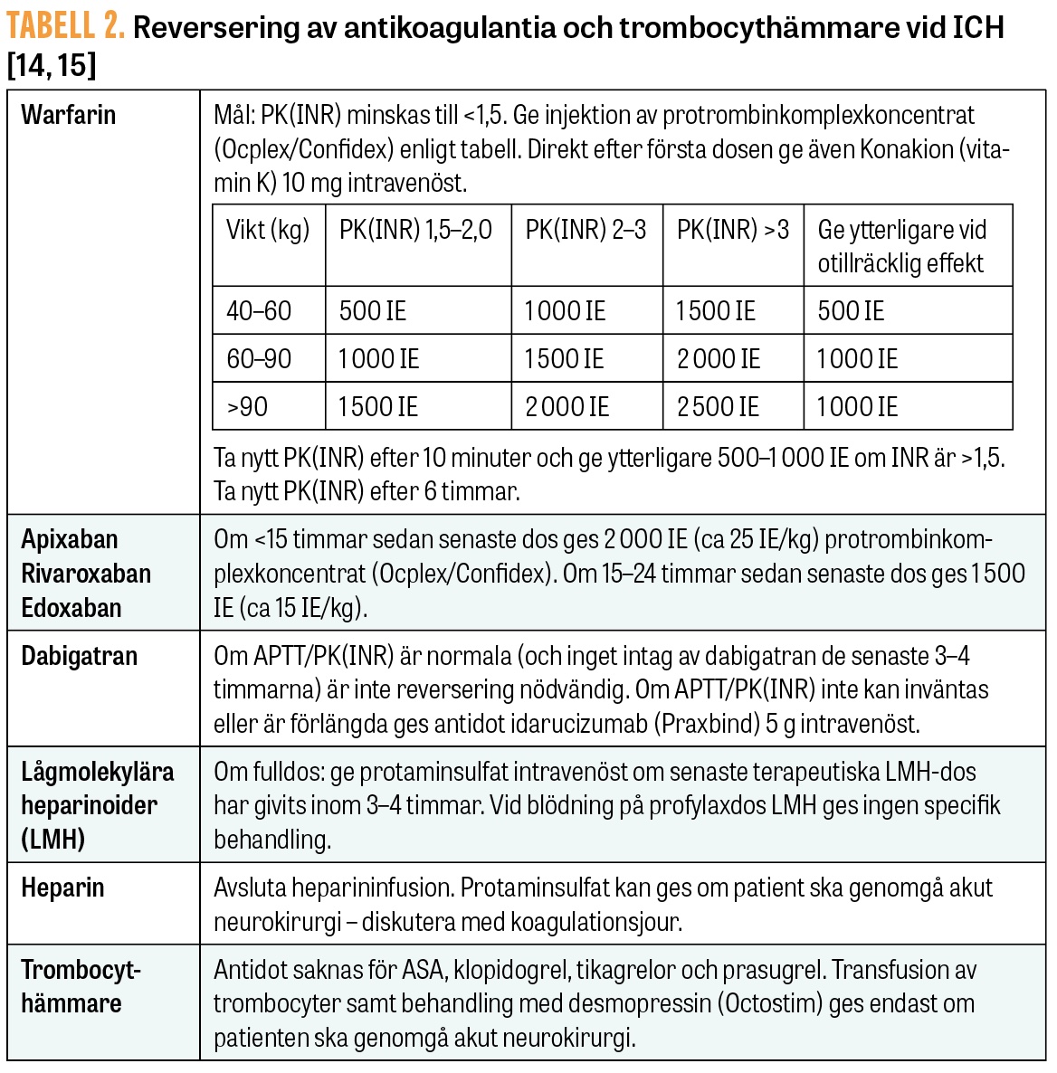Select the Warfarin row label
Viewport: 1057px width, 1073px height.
69,115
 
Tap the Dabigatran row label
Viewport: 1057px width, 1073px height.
80,656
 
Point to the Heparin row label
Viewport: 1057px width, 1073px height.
62,888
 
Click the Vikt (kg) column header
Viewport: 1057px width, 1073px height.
268,230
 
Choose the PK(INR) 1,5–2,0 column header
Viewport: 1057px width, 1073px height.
415,230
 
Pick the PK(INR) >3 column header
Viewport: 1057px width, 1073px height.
733,230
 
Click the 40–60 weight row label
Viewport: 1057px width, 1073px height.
259,311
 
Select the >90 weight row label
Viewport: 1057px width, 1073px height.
247,407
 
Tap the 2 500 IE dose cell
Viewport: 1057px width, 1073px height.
719,407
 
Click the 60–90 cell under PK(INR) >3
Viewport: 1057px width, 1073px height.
719,359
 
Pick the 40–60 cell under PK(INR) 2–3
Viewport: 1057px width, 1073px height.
565,311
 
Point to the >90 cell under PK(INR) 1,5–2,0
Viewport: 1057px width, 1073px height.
378,407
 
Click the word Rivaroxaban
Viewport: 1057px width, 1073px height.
86,574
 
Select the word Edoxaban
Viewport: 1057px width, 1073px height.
71,608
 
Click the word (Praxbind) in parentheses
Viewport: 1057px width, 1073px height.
706,724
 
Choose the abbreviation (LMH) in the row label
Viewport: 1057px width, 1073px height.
53,840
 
